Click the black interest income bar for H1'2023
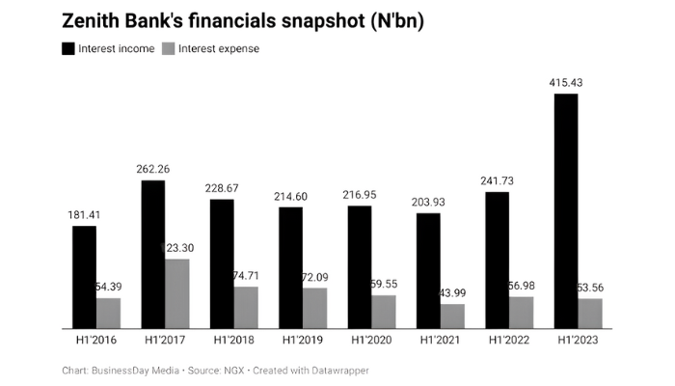[566, 212]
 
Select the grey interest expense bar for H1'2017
[177, 294]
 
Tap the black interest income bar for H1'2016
[84, 278]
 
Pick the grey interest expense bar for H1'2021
[452, 317]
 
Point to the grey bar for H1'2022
[521, 313]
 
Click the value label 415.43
[566, 83]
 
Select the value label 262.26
[154, 169]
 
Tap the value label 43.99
[454, 293]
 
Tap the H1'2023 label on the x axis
[579, 341]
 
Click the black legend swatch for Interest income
[67, 48]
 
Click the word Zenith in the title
[94, 20]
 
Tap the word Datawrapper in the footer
[337, 371]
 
